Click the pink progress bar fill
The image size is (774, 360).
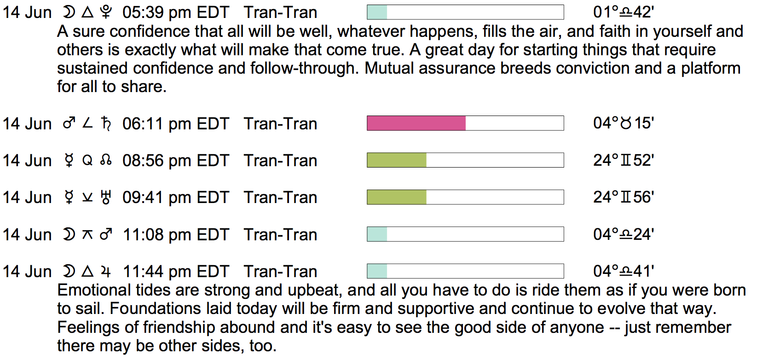pos(416,123)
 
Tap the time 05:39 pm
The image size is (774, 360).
pos(156,12)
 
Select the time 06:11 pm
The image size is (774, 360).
pos(156,124)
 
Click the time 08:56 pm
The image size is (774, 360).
pos(156,161)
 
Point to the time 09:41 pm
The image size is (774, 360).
pos(156,197)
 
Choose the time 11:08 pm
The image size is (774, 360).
pos(156,235)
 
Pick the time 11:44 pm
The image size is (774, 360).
pos(156,272)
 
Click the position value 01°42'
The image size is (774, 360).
pos(624,12)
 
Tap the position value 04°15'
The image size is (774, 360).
pos(624,123)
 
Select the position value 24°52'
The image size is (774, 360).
pos(624,161)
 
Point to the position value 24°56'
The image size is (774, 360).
pos(624,197)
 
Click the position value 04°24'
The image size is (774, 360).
pos(624,234)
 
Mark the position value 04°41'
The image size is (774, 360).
pos(624,271)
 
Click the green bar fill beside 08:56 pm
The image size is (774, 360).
pos(397,161)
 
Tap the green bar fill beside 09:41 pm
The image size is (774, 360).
pos(397,197)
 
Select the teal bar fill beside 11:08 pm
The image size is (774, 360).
pos(377,234)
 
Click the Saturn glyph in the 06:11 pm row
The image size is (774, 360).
pos(106,124)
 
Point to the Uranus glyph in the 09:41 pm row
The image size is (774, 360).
pos(106,197)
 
